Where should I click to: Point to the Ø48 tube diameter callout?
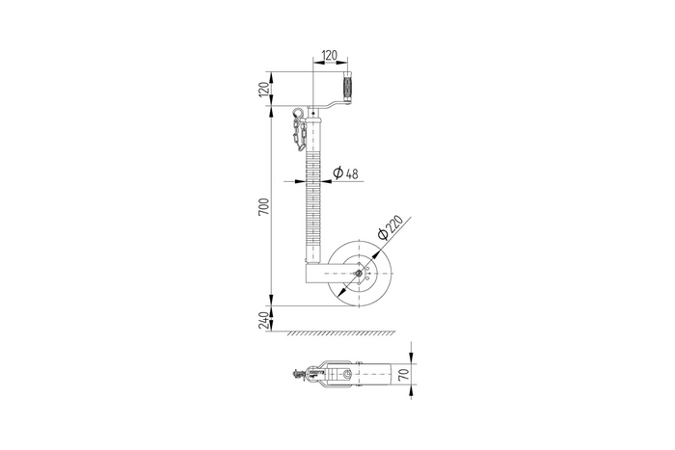(345, 173)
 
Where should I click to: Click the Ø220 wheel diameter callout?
(390, 228)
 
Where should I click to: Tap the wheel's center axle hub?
(359, 273)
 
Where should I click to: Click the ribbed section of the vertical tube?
(312, 193)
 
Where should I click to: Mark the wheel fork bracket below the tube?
(323, 274)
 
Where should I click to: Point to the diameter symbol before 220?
(382, 235)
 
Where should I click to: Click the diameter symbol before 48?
(337, 173)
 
